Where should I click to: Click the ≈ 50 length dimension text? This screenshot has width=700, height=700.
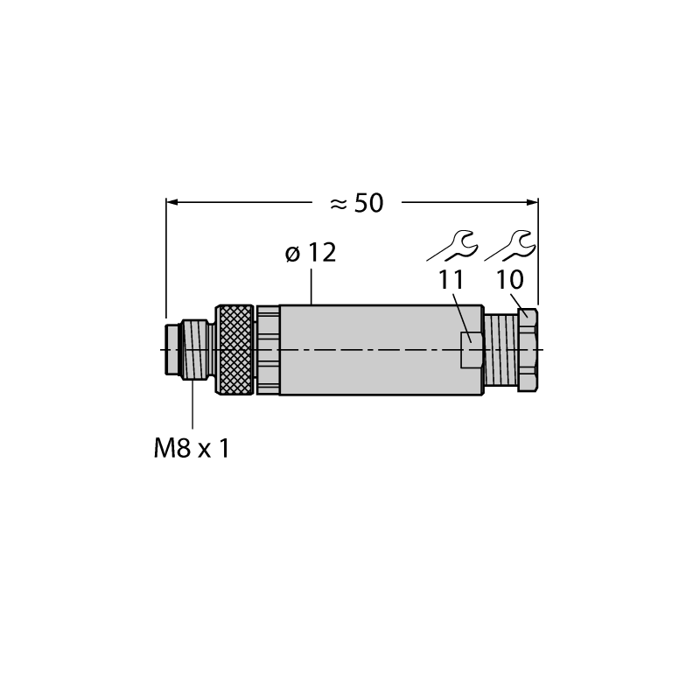tap(356, 204)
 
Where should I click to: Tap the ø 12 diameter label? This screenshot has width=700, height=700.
tap(311, 253)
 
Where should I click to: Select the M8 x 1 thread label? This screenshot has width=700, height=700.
tap(192, 448)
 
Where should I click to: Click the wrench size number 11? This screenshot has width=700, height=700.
tap(451, 280)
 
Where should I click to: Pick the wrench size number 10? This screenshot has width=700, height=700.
tap(510, 280)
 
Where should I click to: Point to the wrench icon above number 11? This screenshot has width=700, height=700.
tap(452, 246)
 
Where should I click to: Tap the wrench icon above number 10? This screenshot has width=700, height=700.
tap(510, 246)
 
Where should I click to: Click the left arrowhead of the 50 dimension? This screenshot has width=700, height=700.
tap(172, 202)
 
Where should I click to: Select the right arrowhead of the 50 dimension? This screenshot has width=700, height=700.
tap(532, 202)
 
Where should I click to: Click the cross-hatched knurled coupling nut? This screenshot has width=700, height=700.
tap(234, 349)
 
